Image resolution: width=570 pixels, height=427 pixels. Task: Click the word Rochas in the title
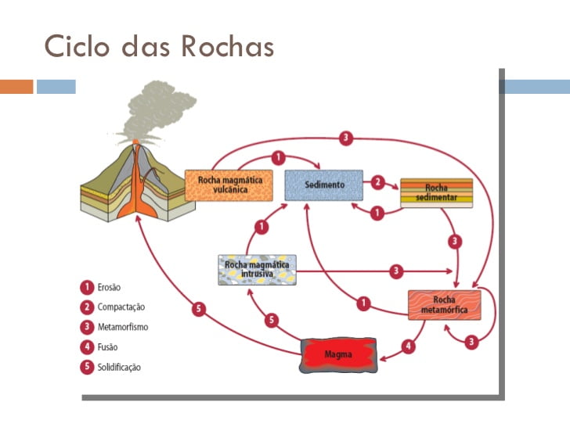pyautogui.click(x=227, y=46)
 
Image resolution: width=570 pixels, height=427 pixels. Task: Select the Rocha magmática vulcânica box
pyautogui.click(x=224, y=185)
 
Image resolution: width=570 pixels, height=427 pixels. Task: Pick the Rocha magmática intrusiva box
pyautogui.click(x=258, y=269)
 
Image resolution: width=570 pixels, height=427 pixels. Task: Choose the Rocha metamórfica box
pyautogui.click(x=444, y=304)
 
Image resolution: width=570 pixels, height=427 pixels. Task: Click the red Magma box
pyautogui.click(x=340, y=355)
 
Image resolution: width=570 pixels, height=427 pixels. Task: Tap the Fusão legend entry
pyautogui.click(x=108, y=347)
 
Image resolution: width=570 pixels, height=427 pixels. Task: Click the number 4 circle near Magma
pyautogui.click(x=408, y=345)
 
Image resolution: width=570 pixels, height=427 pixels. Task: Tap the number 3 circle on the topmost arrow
pyautogui.click(x=346, y=139)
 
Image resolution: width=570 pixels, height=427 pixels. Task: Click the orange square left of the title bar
pyautogui.click(x=16, y=86)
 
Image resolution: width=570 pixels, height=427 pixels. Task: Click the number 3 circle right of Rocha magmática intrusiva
pyautogui.click(x=396, y=271)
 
